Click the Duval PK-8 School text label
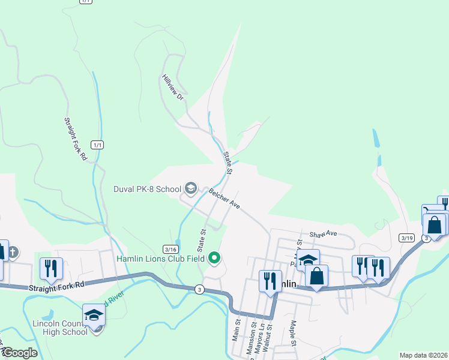(x=147, y=189)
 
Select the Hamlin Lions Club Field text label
(x=160, y=259)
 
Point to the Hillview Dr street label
(x=172, y=87)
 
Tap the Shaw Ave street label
(x=323, y=234)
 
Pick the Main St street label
(x=237, y=330)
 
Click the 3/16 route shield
(x=170, y=249)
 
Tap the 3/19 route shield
(x=406, y=238)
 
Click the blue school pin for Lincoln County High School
(x=94, y=315)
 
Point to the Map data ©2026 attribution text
(x=423, y=355)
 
